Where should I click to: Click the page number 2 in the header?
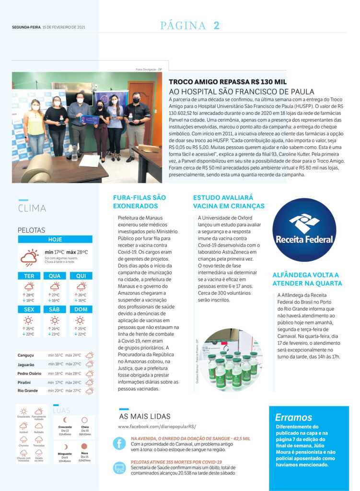coord(217,26)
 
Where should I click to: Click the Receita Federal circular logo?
coord(304,230)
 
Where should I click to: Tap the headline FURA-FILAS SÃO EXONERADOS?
coord(139,201)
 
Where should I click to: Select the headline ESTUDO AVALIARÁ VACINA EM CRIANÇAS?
coord(229,201)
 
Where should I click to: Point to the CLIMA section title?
coord(32,208)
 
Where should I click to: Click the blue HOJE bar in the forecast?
coord(55,239)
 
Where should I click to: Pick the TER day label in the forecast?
coord(29,276)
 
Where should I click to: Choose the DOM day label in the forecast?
coord(81,309)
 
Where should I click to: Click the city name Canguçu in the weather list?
coord(26,355)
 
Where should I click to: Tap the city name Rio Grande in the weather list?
coord(28,391)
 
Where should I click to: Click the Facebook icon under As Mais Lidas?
coord(119,444)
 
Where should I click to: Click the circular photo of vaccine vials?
coord(232,360)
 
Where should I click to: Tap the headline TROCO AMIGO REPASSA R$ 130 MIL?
coord(228,82)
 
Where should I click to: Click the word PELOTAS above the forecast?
coord(31,230)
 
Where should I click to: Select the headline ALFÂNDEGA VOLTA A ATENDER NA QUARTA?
coord(307,279)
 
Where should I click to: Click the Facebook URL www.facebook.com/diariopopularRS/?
coord(157,426)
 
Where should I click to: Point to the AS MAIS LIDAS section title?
coord(144,416)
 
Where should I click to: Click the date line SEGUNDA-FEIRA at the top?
coord(26,27)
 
